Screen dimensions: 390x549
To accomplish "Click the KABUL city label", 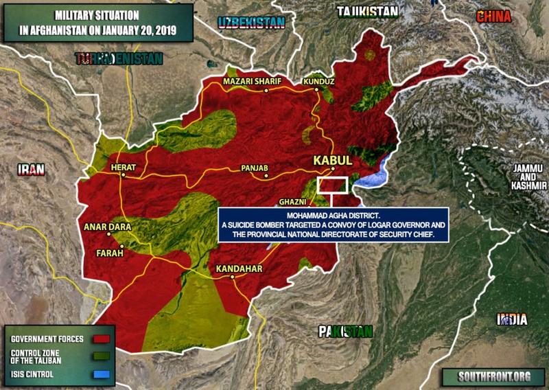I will [x=332, y=159].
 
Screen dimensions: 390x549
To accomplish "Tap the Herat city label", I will [x=124, y=168].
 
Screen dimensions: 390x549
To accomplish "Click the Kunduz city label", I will [x=319, y=82].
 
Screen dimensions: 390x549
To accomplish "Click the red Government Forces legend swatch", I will [x=102, y=339].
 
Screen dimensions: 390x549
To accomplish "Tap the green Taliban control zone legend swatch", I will [x=102, y=357].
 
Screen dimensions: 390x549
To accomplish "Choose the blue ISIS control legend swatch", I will [x=102, y=375].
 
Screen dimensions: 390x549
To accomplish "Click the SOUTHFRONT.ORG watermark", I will [x=487, y=376].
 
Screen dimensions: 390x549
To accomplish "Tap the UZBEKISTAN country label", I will [x=251, y=23].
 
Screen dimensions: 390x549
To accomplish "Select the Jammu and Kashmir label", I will [x=525, y=176].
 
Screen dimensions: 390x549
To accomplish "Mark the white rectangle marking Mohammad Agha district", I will [x=334, y=185].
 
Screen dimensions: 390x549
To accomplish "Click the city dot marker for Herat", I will [x=123, y=175].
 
